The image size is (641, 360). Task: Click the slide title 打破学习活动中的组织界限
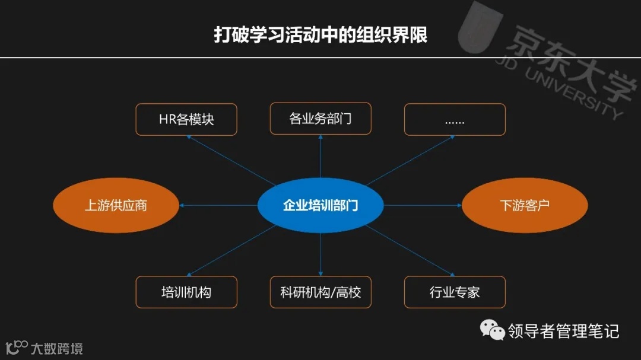pos(320,34)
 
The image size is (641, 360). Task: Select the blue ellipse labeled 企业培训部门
pos(320,205)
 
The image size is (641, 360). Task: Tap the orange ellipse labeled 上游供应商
pos(116,205)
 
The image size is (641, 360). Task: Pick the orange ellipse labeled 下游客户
pos(525,205)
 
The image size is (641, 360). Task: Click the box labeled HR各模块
pos(186,119)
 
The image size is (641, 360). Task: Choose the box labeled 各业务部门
pos(320,119)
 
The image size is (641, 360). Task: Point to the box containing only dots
pos(455,119)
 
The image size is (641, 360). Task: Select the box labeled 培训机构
pos(186,292)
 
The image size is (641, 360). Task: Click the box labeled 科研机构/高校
pos(320,292)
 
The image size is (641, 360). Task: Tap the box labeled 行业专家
pos(455,292)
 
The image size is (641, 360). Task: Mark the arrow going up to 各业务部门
pos(320,157)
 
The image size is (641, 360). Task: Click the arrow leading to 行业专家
pos(410,251)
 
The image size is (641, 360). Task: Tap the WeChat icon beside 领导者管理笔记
pos(492,330)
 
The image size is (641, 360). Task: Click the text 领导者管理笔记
pos(563,330)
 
